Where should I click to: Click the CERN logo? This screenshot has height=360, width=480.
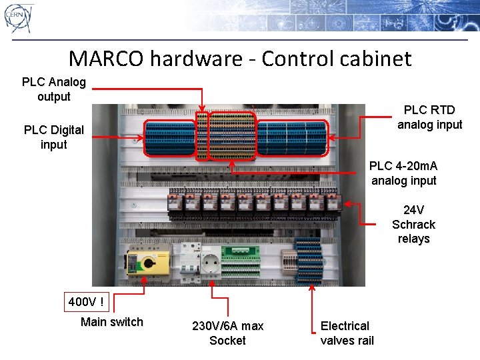tap(19, 18)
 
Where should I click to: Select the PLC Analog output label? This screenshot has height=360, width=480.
tap(54, 89)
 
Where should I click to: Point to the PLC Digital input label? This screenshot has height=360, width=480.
tap(54, 137)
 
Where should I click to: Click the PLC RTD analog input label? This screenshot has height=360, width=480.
tap(429, 117)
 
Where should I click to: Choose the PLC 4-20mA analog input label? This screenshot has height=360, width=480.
tap(403, 173)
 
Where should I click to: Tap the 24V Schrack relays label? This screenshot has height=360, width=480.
tap(413, 224)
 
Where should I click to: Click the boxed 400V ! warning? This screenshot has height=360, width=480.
tap(86, 302)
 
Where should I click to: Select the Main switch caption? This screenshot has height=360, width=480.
tap(111, 322)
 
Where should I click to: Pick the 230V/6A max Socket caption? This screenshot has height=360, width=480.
tap(227, 333)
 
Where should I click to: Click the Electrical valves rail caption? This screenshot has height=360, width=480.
tap(347, 333)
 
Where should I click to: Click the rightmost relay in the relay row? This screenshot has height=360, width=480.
tap(332, 201)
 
